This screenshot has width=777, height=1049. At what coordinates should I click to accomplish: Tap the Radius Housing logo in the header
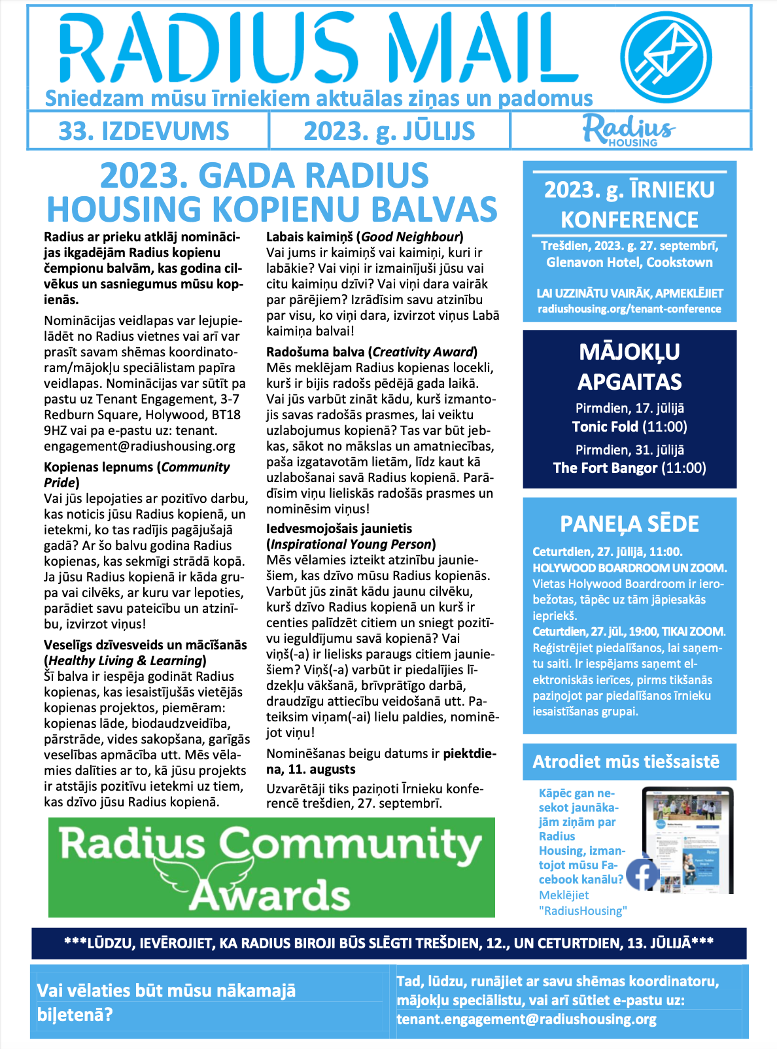pos(629,131)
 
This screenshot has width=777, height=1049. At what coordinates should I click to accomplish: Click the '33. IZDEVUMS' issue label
pos(144,131)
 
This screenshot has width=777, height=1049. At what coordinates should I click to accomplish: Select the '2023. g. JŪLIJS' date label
pos(389,131)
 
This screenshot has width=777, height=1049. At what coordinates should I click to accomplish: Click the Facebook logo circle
pos(642,874)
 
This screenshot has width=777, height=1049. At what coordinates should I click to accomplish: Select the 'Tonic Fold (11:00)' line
pos(629,427)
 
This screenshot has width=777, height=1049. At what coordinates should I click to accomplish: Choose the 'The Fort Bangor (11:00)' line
pos(629,468)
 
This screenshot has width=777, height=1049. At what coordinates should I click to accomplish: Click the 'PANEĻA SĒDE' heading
pos(629,524)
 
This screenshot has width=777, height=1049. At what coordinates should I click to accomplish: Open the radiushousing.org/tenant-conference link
pos(629,309)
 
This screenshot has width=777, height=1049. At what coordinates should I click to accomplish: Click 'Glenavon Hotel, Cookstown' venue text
pos(629,262)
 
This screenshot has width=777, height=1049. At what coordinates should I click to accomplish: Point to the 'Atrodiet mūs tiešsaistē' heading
pos(626,761)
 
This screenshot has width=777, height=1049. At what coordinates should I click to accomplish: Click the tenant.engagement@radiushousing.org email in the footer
pos(527,1019)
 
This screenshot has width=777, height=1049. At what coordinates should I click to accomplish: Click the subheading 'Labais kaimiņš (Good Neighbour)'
pos(364,237)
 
